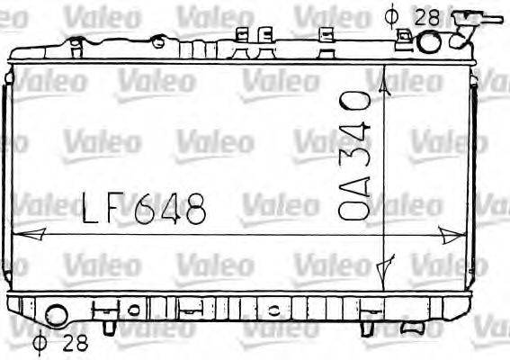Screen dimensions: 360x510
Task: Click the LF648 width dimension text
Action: click(144, 211)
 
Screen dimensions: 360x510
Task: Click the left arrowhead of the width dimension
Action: click(27, 234)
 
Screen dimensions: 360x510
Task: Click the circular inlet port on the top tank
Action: click(429, 41)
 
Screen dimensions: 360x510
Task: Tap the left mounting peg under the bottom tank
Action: click(106, 321)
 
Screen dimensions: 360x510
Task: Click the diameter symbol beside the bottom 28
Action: click(39, 342)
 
